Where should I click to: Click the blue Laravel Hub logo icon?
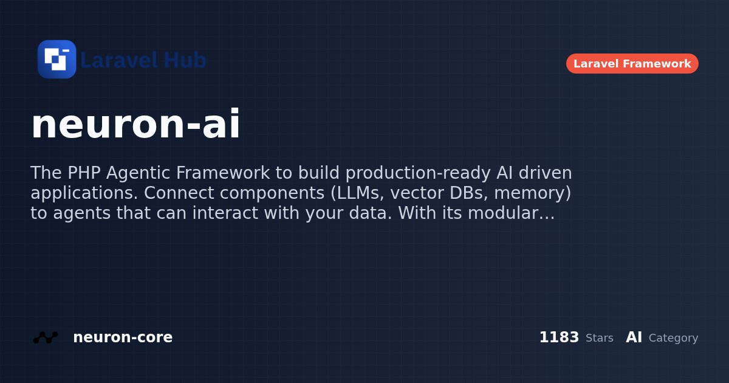pyautogui.click(x=57, y=60)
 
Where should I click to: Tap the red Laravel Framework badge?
pyautogui.click(x=632, y=64)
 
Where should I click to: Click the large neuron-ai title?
pyautogui.click(x=135, y=125)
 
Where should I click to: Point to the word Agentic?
pyautogui.click(x=139, y=173)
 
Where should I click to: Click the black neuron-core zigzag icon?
pyautogui.click(x=46, y=337)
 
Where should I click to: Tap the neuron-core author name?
pyautogui.click(x=123, y=337)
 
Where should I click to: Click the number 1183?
pyautogui.click(x=559, y=337)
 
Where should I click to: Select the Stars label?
pyautogui.click(x=599, y=338)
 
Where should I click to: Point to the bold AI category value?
pyautogui.click(x=634, y=337)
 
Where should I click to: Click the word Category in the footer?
pyautogui.click(x=673, y=338)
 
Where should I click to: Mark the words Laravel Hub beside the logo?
pyautogui.click(x=143, y=60)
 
